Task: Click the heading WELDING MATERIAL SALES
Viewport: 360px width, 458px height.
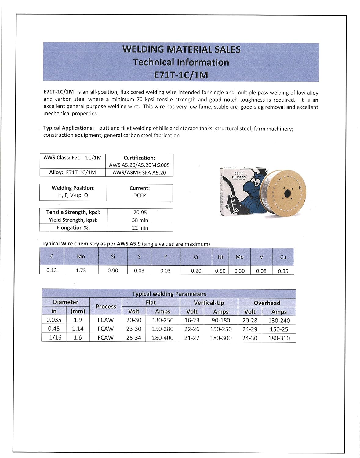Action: coord(181,49)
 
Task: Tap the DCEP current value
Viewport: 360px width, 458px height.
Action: coord(140,195)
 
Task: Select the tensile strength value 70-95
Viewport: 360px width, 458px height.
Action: coord(140,212)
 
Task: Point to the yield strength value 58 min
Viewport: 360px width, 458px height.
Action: coord(140,220)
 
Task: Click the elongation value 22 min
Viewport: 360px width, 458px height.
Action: coord(140,228)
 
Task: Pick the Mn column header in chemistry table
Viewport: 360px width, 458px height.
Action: coord(81,256)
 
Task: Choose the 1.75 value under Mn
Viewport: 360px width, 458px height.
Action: coord(81,270)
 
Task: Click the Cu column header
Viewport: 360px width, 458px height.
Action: coord(283,257)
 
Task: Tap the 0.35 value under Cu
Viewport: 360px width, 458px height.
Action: coord(283,271)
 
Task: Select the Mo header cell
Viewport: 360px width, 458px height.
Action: coord(240,257)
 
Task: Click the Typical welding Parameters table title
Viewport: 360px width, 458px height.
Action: coord(169,294)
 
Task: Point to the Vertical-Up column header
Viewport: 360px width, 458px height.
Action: coord(209,303)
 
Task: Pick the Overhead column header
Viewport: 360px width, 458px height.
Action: coord(267,303)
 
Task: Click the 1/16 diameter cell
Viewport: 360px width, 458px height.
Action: coord(55,337)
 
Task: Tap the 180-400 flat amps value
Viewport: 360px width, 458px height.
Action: coord(163,338)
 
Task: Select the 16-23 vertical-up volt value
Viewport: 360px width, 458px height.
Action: coord(192,320)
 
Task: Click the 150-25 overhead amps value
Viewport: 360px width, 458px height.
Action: coord(279,329)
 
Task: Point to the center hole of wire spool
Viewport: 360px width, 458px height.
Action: coord(288,194)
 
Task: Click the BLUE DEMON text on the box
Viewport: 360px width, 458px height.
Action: coord(239,175)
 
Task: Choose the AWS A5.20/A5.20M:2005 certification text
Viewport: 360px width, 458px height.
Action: coord(139,165)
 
